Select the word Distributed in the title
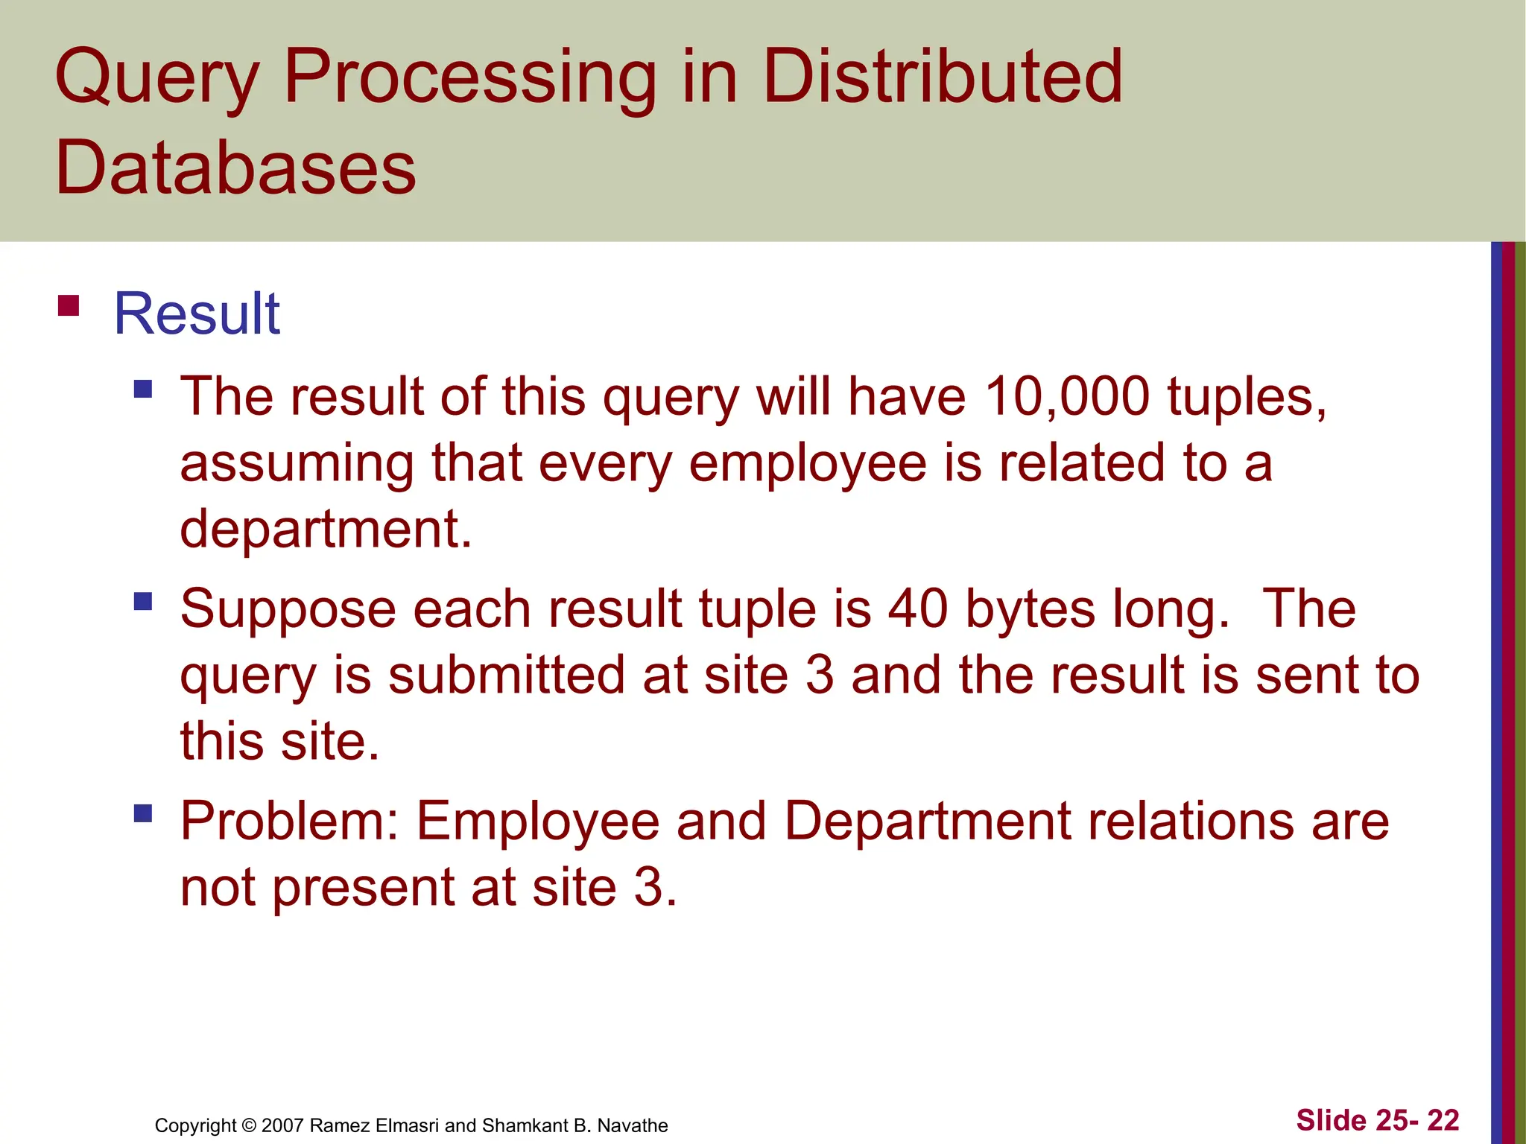[942, 76]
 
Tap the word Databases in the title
[235, 168]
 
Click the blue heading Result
[197, 314]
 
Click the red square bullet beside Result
[69, 306]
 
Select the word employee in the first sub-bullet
[807, 463]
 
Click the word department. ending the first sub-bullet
[326, 529]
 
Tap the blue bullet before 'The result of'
[143, 389]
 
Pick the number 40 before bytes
[918, 608]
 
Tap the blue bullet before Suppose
[143, 601]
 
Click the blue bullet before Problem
[143, 813]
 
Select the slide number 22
[1443, 1120]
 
